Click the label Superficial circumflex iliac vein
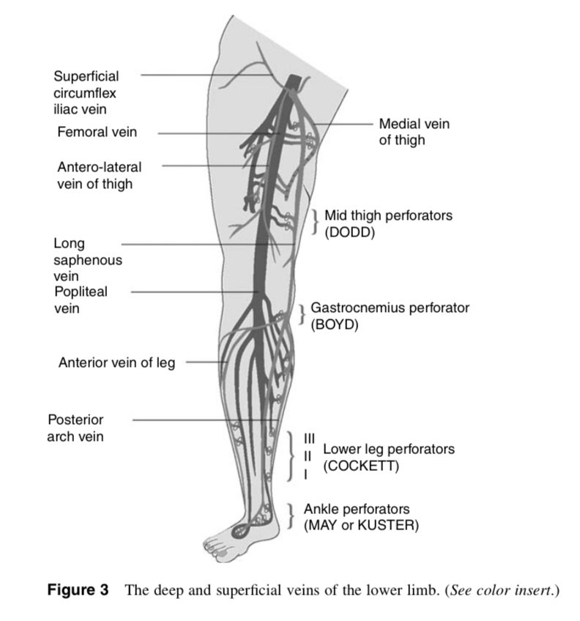[x=86, y=92]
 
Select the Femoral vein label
[x=97, y=133]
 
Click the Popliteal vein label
[x=80, y=300]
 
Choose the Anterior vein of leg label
[x=116, y=362]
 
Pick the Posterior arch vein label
[x=75, y=428]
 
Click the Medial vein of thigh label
[x=414, y=132]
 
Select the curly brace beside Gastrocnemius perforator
[x=302, y=315]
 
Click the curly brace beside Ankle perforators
[x=291, y=516]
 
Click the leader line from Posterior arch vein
[x=198, y=420]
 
